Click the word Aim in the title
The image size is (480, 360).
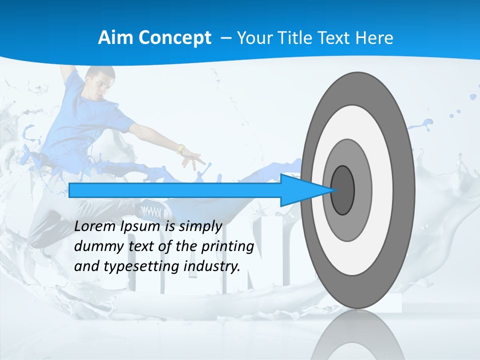112,38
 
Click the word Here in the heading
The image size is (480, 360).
375,38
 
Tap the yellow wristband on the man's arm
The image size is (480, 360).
180,149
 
